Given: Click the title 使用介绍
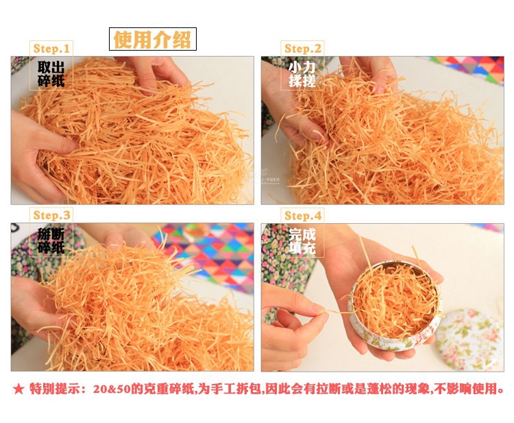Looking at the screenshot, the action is (x=152, y=39).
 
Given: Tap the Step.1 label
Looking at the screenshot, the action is (x=51, y=49).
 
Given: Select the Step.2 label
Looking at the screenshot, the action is (x=302, y=49).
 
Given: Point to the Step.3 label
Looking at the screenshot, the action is (x=51, y=215).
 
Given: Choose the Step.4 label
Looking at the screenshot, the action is (x=303, y=216).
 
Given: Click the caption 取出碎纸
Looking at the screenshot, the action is (x=51, y=74).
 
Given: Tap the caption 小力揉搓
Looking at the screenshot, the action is (x=302, y=74).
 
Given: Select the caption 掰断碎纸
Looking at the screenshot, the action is (x=51, y=241).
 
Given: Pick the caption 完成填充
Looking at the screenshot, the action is (x=302, y=241).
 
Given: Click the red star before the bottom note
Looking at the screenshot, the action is (x=19, y=389).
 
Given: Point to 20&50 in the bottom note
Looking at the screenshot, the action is (x=112, y=389).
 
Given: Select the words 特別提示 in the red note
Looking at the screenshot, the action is (x=54, y=389).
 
